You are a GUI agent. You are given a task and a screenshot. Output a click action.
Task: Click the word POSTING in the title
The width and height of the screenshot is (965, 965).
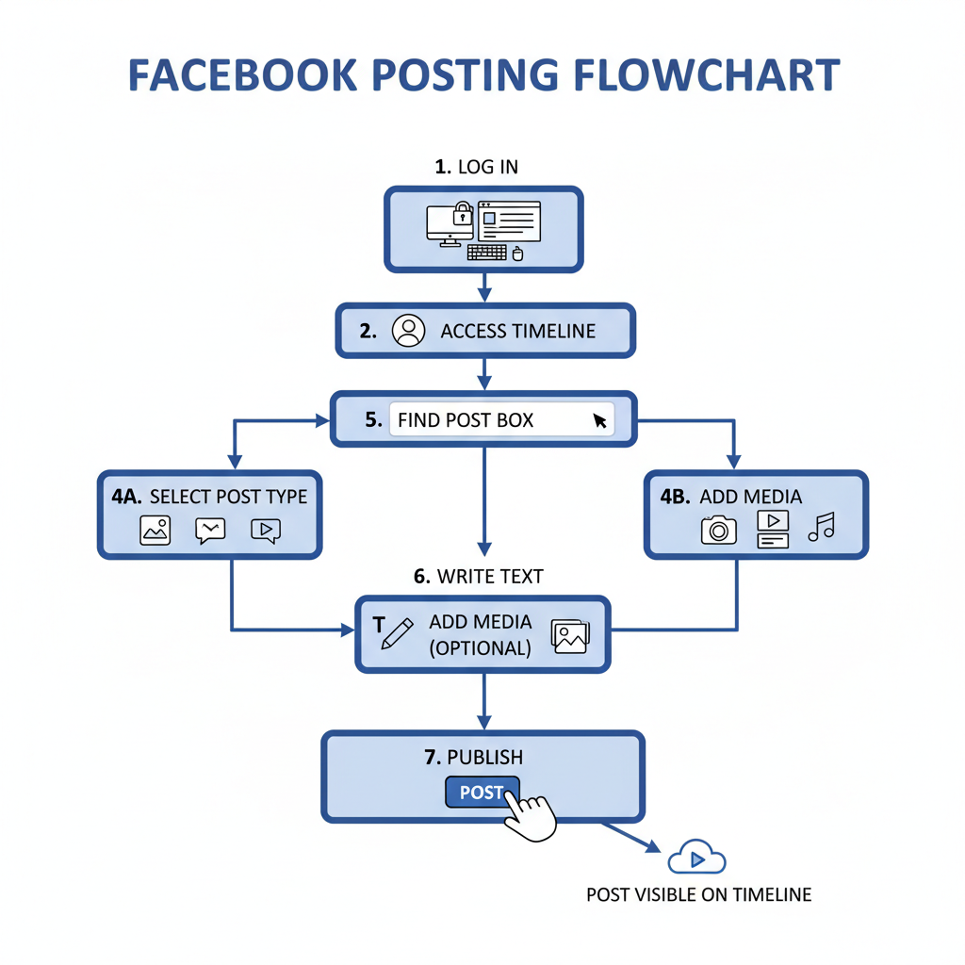[455, 75]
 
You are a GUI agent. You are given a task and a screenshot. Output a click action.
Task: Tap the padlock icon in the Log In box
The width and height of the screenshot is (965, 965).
[462, 214]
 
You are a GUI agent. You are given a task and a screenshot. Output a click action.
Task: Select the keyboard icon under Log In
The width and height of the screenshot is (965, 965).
[486, 253]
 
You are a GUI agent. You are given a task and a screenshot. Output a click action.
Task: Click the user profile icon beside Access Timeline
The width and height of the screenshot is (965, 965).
[408, 331]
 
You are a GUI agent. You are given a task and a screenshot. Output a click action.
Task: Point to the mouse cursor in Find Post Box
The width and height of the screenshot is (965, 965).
[600, 420]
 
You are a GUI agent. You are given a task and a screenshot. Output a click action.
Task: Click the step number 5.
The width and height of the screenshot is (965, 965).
[373, 419]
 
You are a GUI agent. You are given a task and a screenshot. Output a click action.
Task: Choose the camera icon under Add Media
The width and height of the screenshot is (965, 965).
[718, 530]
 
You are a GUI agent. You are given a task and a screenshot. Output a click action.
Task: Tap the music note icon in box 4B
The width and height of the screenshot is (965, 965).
[821, 527]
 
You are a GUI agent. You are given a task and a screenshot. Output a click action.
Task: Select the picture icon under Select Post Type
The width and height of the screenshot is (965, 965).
[155, 531]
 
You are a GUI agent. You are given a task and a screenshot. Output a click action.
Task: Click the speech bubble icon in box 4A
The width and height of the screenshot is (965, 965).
[210, 531]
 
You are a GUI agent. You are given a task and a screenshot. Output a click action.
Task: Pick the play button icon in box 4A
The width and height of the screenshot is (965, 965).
[266, 531]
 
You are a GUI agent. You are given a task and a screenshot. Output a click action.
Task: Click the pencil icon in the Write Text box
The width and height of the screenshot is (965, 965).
[396, 632]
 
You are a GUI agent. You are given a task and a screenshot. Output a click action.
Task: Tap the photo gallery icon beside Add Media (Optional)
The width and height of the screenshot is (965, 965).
[570, 636]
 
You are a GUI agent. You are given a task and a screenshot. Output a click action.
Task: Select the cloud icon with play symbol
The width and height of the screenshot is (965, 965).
[696, 858]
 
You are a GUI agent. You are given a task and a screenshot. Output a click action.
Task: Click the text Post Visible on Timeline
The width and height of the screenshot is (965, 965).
[698, 894]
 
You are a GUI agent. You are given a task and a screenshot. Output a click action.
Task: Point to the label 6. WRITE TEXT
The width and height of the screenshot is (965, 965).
[478, 576]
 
